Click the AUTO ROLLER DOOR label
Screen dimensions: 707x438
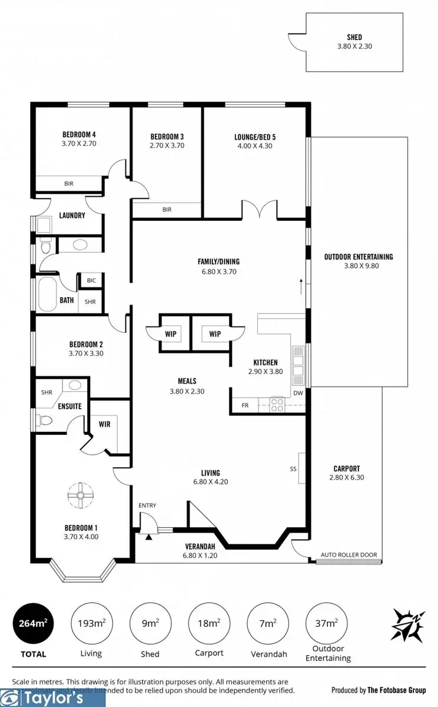(x=349, y=555)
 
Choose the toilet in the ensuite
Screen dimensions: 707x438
(x=43, y=421)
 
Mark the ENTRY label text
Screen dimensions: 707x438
(x=147, y=506)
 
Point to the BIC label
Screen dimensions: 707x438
(x=91, y=280)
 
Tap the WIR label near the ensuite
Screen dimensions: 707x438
(x=105, y=424)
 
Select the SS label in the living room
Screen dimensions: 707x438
(x=293, y=470)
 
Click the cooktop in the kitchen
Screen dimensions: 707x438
(x=277, y=404)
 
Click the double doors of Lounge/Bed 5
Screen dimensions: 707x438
(x=259, y=209)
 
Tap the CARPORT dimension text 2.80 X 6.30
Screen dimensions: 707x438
(x=346, y=478)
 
